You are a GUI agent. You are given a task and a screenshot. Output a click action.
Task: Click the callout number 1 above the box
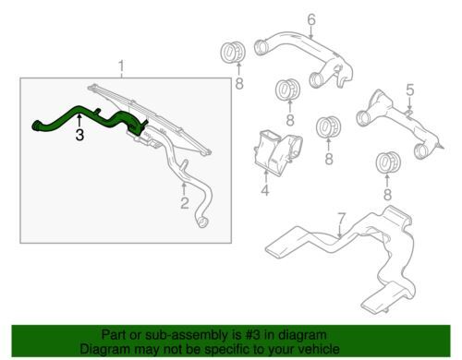(121, 67)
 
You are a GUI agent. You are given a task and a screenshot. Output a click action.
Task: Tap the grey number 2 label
(185, 203)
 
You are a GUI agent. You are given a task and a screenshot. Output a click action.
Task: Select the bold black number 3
(79, 135)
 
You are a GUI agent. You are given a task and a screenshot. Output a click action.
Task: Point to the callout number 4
(265, 190)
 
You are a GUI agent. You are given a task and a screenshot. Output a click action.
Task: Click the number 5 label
(410, 90)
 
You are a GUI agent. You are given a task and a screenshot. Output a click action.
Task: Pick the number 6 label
(311, 19)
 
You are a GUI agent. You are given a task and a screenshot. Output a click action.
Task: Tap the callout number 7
(342, 219)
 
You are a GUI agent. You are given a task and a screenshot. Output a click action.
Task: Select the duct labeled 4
(278, 153)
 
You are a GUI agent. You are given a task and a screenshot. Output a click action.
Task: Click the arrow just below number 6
(311, 32)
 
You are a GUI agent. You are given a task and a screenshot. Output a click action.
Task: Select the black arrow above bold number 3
(79, 120)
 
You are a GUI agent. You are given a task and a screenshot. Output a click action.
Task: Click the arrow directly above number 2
(184, 188)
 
